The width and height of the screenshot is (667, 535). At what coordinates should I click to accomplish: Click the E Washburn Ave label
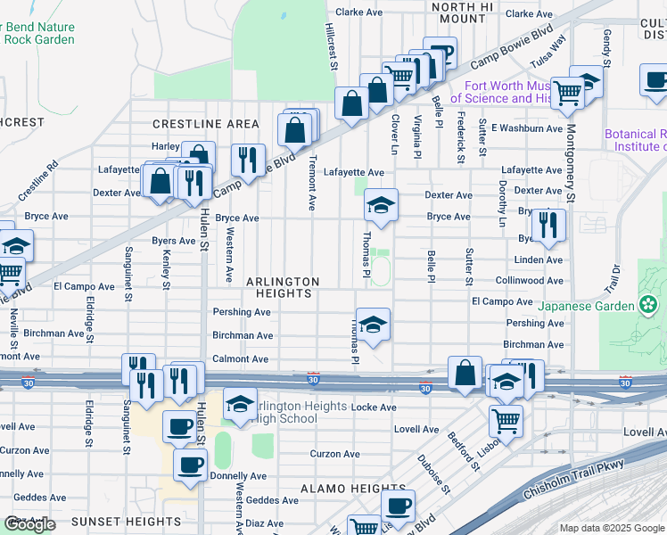pos(527,128)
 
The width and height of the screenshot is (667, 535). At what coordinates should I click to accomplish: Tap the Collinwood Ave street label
pos(530,280)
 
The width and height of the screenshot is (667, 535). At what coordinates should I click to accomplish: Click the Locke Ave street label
pos(374,407)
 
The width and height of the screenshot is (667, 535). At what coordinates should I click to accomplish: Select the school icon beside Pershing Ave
pos(373,322)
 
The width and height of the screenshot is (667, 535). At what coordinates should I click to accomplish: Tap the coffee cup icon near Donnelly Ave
pos(190,464)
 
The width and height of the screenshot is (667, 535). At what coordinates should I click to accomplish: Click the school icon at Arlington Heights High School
pos(240,403)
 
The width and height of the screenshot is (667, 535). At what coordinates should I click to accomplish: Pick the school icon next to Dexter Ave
pos(381,206)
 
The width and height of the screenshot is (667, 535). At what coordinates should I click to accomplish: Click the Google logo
pos(30,524)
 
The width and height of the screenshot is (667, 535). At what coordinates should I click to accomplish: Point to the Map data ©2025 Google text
pos(611,528)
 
